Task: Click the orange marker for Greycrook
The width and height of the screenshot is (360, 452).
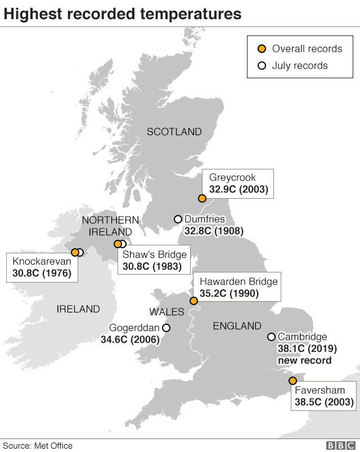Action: (x=202, y=198)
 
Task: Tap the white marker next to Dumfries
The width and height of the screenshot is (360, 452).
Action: (x=178, y=219)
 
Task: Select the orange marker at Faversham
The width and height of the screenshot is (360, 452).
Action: (x=292, y=381)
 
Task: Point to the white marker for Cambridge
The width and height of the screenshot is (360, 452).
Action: (x=271, y=337)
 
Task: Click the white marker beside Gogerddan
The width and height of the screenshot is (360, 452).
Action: (x=166, y=328)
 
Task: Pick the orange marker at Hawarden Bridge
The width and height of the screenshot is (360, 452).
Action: (x=193, y=301)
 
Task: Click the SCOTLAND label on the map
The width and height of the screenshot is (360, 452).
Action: (x=174, y=132)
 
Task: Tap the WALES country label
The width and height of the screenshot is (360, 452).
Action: (x=166, y=312)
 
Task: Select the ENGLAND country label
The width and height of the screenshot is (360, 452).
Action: (x=237, y=326)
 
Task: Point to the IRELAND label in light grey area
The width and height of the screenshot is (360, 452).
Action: (x=78, y=309)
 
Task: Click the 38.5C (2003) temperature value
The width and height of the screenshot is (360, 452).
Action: (x=324, y=402)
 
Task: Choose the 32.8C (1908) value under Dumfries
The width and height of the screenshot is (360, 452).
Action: (x=213, y=231)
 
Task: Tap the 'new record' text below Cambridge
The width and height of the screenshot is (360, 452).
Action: (x=304, y=360)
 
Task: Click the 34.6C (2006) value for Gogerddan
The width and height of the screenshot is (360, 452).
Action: (x=130, y=340)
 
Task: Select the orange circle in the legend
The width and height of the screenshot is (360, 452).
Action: (x=262, y=48)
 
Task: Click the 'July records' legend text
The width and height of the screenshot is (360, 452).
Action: (x=299, y=65)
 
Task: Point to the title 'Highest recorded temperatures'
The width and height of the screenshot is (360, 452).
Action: (x=123, y=14)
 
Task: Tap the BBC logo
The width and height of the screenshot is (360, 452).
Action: (x=338, y=445)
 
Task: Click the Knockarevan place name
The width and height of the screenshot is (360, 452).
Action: (x=42, y=262)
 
